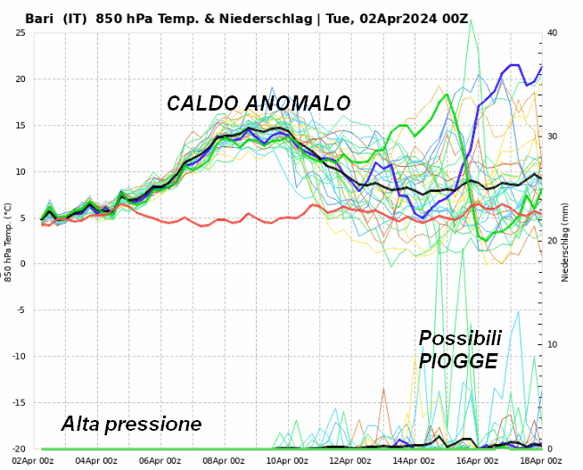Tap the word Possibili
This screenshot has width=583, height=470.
[x=459, y=339]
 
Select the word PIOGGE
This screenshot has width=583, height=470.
[x=458, y=361]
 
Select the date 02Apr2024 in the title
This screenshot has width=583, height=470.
[x=399, y=18]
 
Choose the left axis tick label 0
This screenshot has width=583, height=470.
[x=23, y=264]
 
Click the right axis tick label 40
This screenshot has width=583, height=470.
[x=553, y=33]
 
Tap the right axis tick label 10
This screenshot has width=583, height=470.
[x=553, y=345]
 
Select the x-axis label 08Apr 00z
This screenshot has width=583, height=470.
[x=223, y=460]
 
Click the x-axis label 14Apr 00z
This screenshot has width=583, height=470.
[x=413, y=460]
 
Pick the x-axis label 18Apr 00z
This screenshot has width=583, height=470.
[x=539, y=460]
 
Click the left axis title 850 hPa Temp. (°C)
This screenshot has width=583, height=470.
[x=7, y=241]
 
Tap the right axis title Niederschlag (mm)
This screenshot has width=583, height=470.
[x=565, y=241]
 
